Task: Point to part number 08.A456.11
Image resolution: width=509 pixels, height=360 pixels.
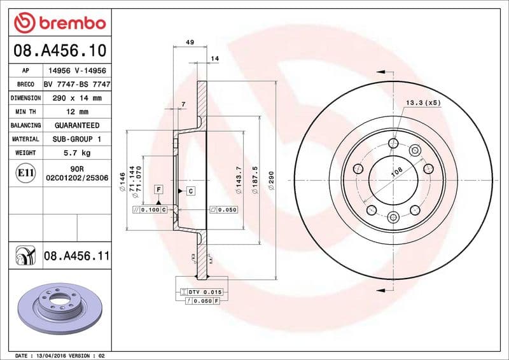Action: (76, 256)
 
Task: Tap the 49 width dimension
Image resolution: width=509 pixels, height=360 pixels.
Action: (190, 42)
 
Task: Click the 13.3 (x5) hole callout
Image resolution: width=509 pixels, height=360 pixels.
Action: (422, 102)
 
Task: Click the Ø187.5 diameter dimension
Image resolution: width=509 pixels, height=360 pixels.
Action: (255, 181)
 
